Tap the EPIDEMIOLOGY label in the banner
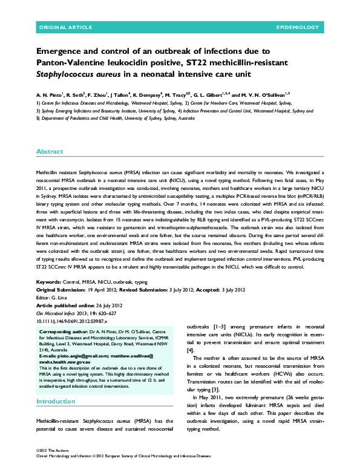pos(297,28)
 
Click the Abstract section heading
pos(49,151)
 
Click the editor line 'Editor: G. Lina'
pos(52,297)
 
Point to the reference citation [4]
pos(191,350)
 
